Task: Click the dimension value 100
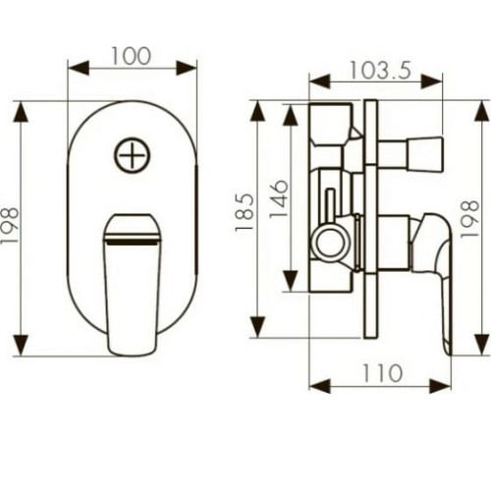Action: pos(131,56)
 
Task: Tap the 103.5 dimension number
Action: pos(380,71)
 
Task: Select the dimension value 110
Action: pos(382,373)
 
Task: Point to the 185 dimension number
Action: pos(245,213)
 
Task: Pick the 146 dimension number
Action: pos(279,198)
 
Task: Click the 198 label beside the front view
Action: pos(9,226)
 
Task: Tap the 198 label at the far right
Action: pos(469,219)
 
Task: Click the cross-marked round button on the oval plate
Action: pos(133,155)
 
